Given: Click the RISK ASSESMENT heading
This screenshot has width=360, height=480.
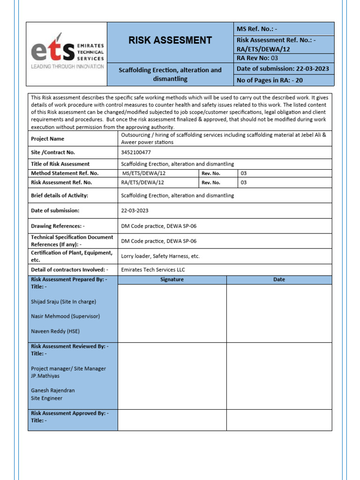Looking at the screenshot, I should coord(170,40).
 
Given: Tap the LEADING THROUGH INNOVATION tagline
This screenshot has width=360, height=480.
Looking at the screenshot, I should coord(67,67).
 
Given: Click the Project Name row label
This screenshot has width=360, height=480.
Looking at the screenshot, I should coord(47,139).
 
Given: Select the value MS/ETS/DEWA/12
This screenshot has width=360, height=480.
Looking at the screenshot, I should coord(143,173).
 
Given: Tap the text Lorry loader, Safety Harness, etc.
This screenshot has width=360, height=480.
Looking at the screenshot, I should coord(160,256).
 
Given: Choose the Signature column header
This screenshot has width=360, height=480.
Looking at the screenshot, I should coord(172,279).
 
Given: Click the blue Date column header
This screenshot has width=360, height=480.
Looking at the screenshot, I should coord(279,279).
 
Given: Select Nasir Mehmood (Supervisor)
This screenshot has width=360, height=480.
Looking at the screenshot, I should coord(65,316).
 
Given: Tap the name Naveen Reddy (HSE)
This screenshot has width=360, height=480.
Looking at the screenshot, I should coord(55,331).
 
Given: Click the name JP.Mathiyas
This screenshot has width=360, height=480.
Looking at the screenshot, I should coord(45,376).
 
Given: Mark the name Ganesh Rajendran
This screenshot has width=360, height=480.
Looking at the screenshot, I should coord(52,390).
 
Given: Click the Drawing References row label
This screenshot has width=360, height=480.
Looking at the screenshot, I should coord(58,226).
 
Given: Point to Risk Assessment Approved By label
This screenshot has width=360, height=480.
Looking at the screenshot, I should coord(69,413).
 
